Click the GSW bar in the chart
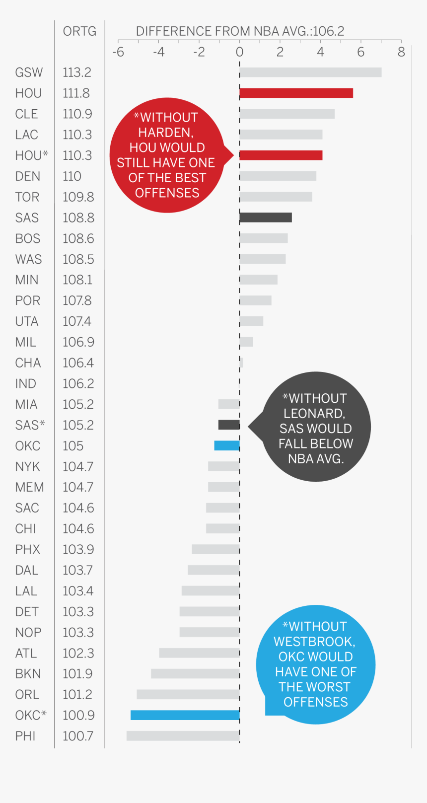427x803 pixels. pyautogui.click(x=310, y=73)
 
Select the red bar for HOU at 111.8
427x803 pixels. pyautogui.click(x=296, y=93)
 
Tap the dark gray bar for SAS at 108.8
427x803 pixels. pyautogui.click(x=266, y=218)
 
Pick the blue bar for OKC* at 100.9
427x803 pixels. pyautogui.click(x=185, y=715)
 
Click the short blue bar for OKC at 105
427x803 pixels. pyautogui.click(x=227, y=446)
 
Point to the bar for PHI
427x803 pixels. pyautogui.click(x=183, y=736)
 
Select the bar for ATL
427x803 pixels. pyautogui.click(x=199, y=653)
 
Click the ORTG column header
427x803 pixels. pyautogui.click(x=79, y=31)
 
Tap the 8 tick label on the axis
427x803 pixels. pyautogui.click(x=401, y=52)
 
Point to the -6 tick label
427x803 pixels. pyautogui.click(x=118, y=52)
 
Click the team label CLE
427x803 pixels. pyautogui.click(x=26, y=114)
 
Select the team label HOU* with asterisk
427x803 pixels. pyautogui.click(x=31, y=155)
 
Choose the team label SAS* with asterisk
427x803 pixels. pyautogui.click(x=30, y=425)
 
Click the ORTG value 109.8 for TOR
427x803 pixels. pyautogui.click(x=78, y=197)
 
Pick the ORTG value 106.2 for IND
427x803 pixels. pyautogui.click(x=78, y=384)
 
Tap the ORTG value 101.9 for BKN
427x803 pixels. pyautogui.click(x=77, y=674)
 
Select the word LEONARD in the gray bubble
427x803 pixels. pyautogui.click(x=314, y=414)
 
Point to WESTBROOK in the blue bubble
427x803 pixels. pyautogui.click(x=314, y=642)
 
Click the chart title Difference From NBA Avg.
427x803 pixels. pyautogui.click(x=240, y=31)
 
